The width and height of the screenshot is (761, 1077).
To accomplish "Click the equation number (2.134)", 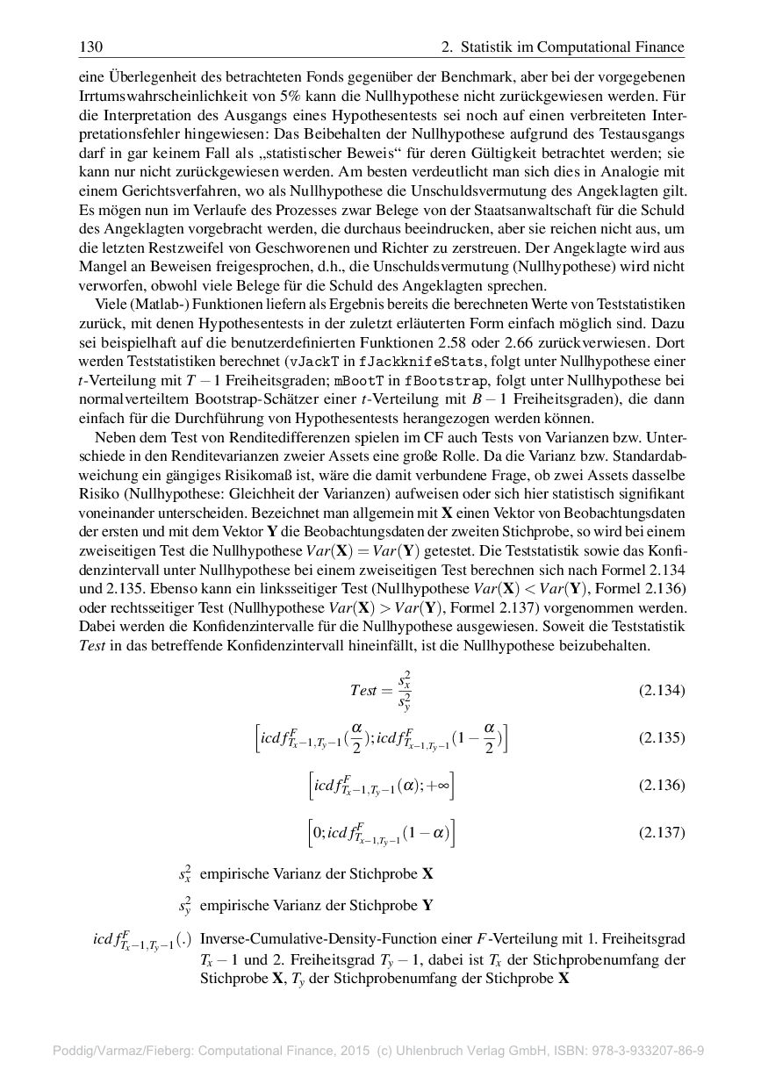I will (x=661, y=690).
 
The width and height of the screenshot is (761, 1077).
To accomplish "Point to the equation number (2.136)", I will (x=661, y=785).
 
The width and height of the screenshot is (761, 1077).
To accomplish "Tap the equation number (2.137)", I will (x=661, y=833).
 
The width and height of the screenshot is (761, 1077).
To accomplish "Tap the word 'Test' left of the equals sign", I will (x=363, y=690).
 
